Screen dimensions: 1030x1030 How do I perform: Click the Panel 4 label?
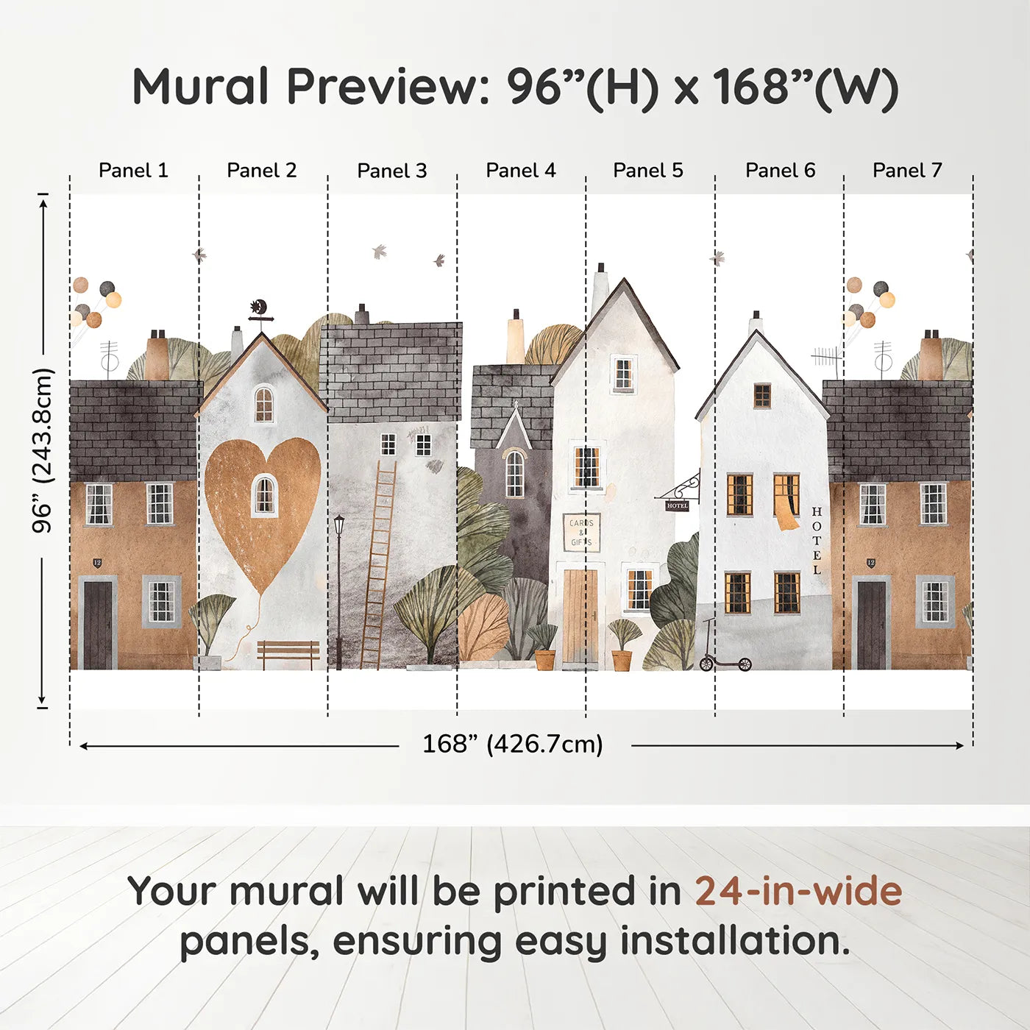pyautogui.click(x=520, y=171)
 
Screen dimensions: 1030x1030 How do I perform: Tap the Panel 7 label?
pyautogui.click(x=906, y=171)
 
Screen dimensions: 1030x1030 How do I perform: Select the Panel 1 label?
pyautogui.click(x=133, y=171)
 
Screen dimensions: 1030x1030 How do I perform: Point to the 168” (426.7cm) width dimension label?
pyautogui.click(x=512, y=745)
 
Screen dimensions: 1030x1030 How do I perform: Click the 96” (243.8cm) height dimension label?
pyautogui.click(x=43, y=450)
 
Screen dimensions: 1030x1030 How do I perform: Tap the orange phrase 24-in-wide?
pyautogui.click(x=798, y=892)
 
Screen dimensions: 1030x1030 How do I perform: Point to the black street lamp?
pyautogui.click(x=338, y=589)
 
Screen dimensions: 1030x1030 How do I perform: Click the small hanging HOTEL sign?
pyautogui.click(x=677, y=505)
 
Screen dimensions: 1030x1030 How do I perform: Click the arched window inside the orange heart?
pyautogui.click(x=264, y=494)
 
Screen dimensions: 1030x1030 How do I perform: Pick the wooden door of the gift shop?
pyautogui.click(x=580, y=617)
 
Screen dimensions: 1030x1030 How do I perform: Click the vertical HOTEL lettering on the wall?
pyautogui.click(x=816, y=541)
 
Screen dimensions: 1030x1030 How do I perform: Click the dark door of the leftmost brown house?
pyautogui.click(x=98, y=624)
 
